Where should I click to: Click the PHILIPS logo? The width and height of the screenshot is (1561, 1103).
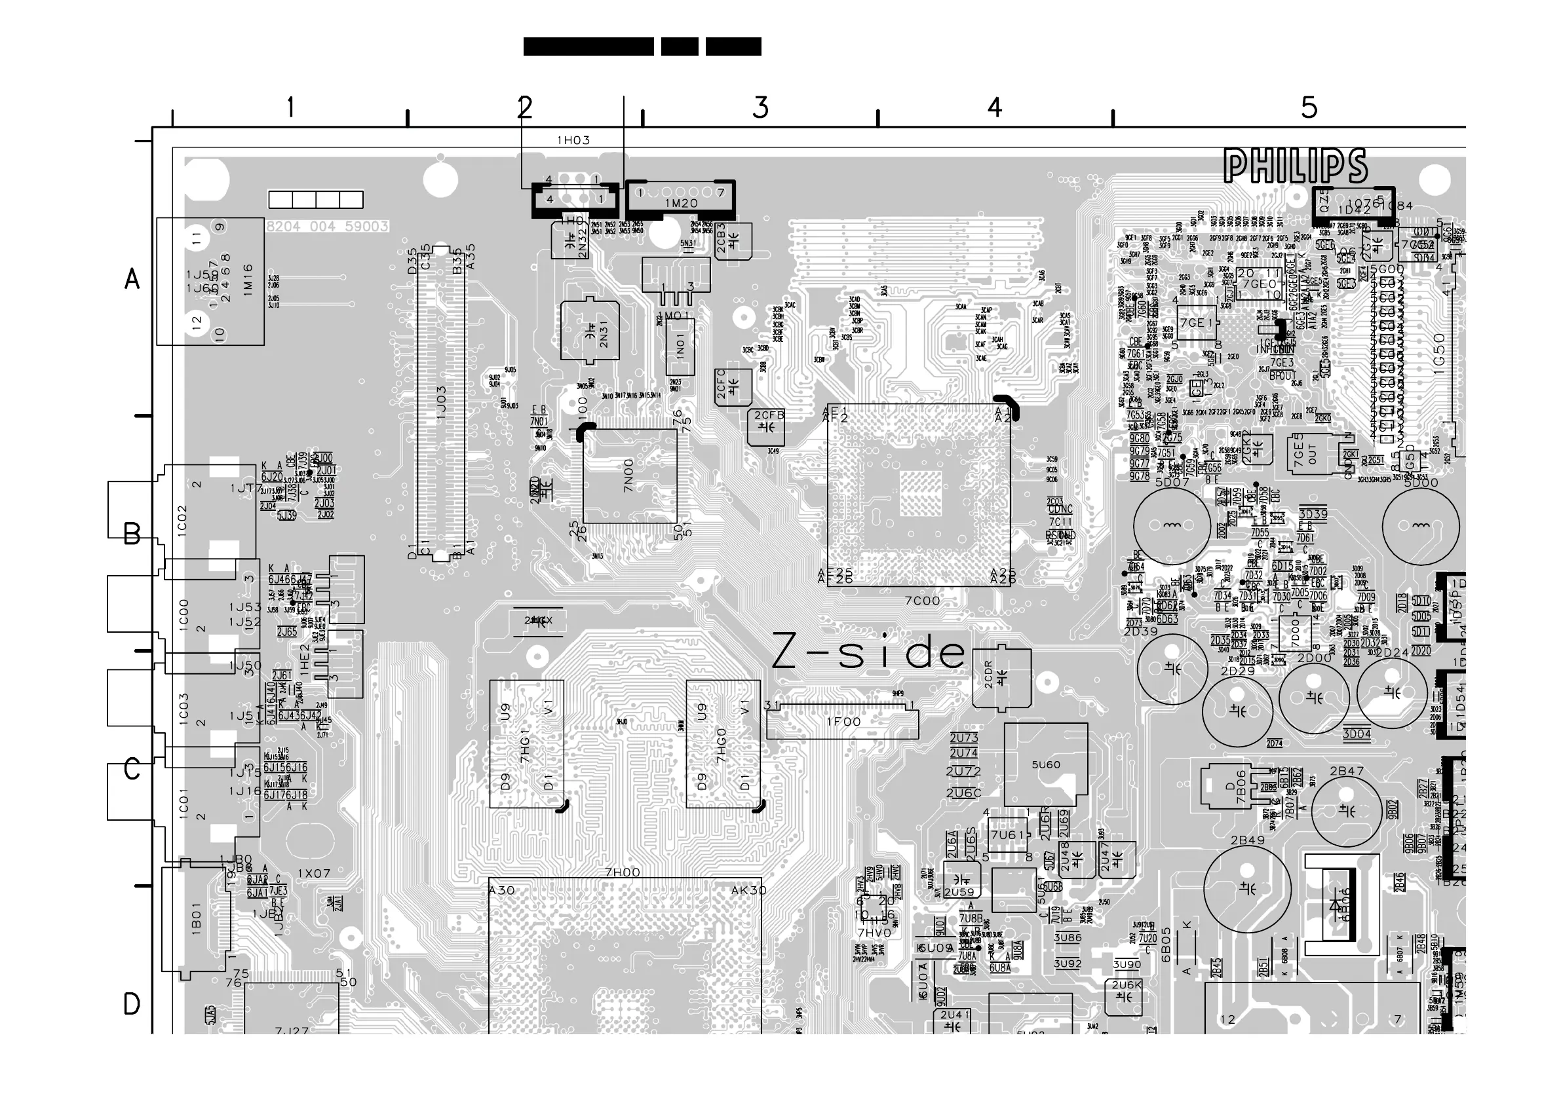tap(1295, 166)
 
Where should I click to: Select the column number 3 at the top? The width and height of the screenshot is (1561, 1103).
tap(761, 108)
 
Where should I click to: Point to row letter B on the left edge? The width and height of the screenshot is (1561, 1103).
tap(132, 534)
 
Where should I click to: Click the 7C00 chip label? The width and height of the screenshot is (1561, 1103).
tap(922, 601)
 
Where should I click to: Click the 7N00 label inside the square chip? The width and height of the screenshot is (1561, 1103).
tap(628, 475)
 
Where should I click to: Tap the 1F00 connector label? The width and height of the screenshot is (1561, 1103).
tap(843, 722)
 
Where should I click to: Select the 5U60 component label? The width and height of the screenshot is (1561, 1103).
tap(1046, 764)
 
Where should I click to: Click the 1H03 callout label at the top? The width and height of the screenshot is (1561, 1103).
tap(574, 141)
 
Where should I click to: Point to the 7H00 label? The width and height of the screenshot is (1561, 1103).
tap(622, 872)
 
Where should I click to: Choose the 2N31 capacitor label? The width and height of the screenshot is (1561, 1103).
tap(604, 332)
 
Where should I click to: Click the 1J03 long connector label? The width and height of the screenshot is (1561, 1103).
tap(441, 405)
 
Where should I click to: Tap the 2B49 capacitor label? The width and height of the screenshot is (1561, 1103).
tap(1248, 840)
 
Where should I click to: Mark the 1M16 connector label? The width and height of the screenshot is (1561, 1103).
tap(248, 279)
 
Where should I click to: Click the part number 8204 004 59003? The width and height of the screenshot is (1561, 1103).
tap(328, 227)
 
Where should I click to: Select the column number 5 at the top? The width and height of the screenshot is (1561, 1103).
tap(1309, 108)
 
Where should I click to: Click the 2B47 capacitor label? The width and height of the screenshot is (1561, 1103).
tap(1347, 771)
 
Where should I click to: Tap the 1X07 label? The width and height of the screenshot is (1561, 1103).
tap(314, 873)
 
